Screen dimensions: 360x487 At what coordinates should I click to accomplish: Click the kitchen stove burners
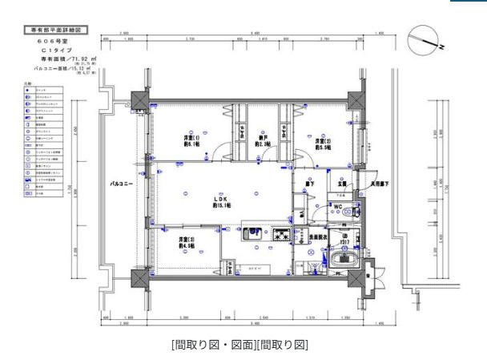[282, 236]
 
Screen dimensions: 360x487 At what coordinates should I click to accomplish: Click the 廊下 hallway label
[308, 184]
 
